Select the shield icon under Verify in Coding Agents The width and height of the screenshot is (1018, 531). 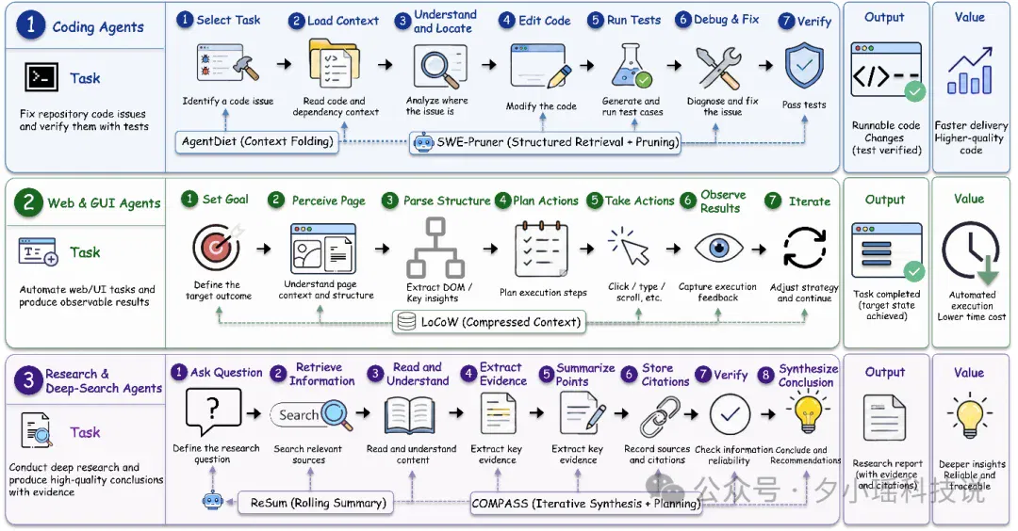[x=804, y=68]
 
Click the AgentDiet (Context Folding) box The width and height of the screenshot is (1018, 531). [x=257, y=141]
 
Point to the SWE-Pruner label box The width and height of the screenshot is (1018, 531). [x=545, y=142]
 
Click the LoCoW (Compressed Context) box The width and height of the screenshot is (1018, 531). [x=489, y=322]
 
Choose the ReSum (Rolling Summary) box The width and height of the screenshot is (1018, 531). [x=316, y=503]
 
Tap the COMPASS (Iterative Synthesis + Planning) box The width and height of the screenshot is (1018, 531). [x=586, y=503]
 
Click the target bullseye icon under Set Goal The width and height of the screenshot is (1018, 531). [x=217, y=247]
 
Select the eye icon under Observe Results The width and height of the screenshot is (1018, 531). [x=718, y=249]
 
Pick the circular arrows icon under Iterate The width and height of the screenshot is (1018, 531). [x=804, y=247]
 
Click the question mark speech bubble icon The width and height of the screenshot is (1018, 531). [x=213, y=411]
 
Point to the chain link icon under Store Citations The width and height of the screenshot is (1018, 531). [x=660, y=416]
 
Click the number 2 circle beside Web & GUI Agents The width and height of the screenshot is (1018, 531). [x=28, y=203]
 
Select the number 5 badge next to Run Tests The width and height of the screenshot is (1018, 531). [x=595, y=20]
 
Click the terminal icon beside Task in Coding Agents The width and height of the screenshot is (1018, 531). [x=41, y=77]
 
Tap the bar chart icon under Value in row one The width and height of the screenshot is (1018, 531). [x=969, y=71]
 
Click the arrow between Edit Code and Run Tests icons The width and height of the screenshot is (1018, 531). [x=587, y=65]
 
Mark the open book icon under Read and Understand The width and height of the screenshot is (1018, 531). [x=410, y=415]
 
